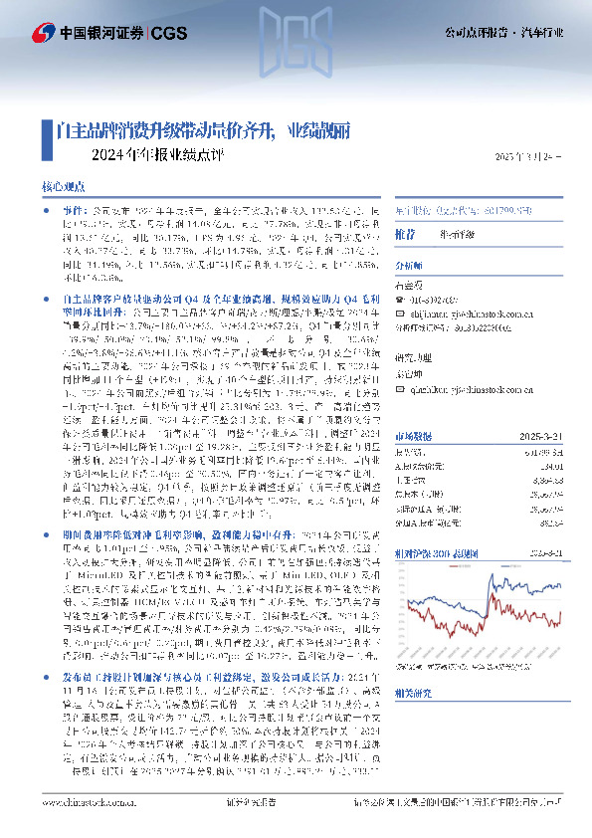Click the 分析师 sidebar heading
tap(409, 267)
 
